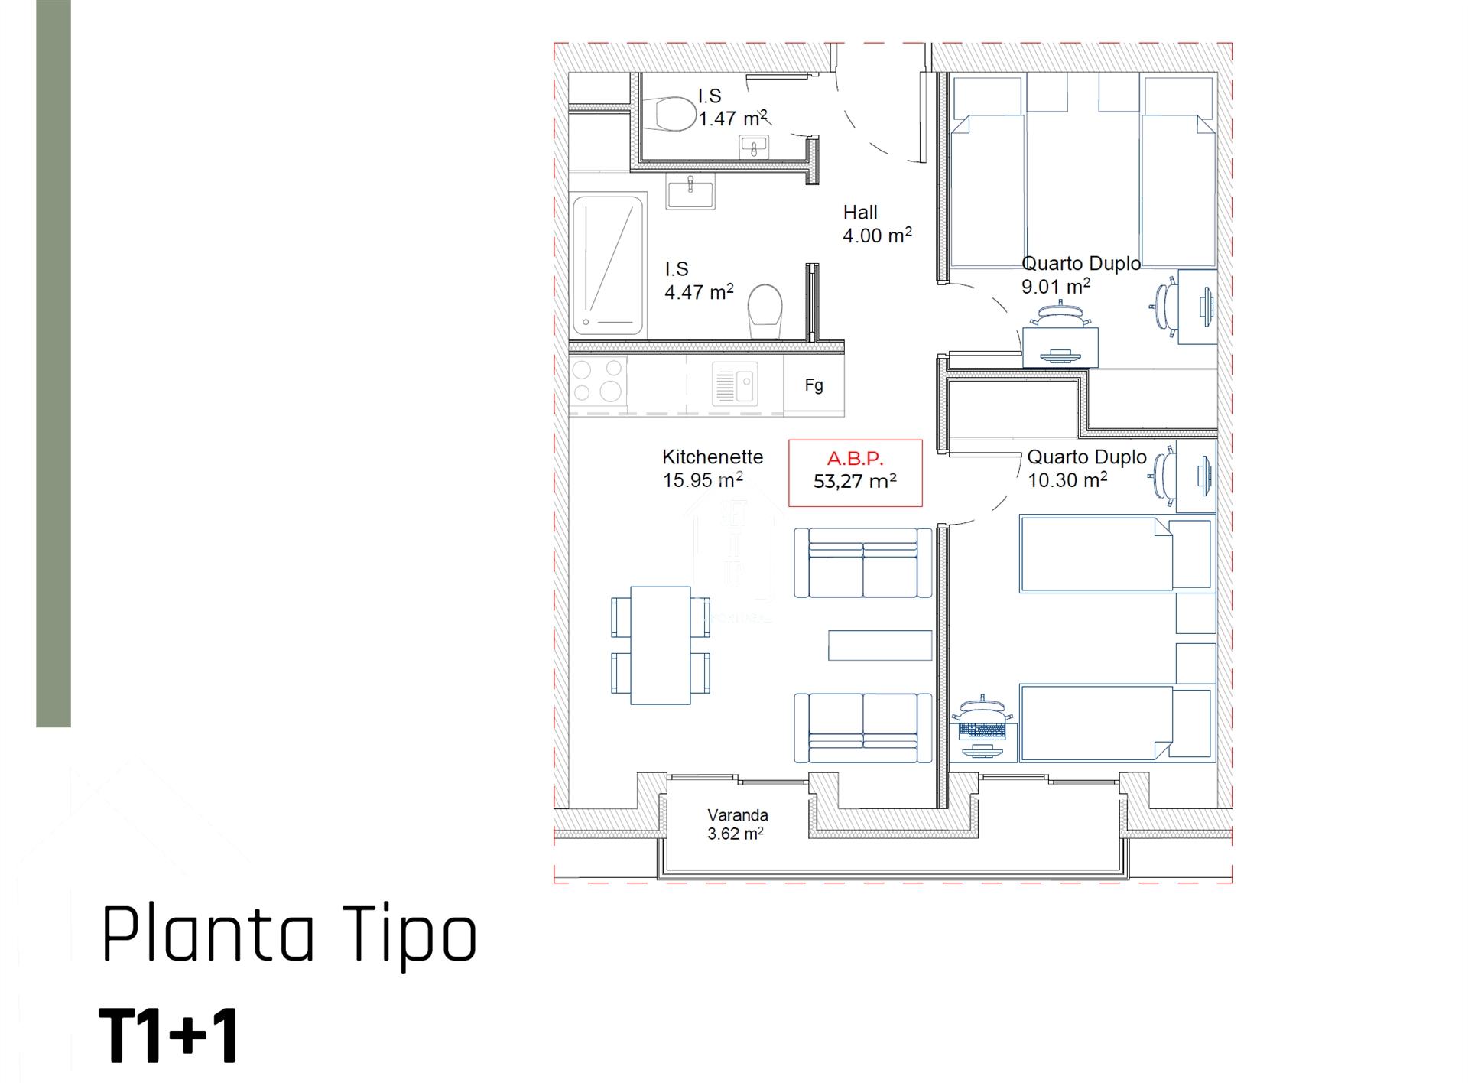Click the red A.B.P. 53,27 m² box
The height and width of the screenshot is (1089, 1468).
pos(855,473)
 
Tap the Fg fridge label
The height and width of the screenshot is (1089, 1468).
pos(814,385)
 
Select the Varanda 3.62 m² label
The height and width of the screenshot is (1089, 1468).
pos(736,824)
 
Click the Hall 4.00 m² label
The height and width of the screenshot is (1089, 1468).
pos(877,224)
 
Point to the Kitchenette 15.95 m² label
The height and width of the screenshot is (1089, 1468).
pos(713,468)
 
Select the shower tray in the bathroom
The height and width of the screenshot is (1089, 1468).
pos(608,265)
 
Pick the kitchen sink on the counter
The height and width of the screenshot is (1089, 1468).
pos(735,383)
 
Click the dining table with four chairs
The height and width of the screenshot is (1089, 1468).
pos(661,645)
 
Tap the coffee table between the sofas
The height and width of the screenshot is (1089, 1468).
pos(880,645)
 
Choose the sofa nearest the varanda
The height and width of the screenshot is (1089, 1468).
pos(863,727)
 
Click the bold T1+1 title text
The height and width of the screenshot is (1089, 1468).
pos(169,1036)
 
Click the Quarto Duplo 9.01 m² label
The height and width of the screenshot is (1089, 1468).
pos(1081,275)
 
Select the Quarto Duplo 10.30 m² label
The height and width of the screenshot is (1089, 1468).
pos(1086,468)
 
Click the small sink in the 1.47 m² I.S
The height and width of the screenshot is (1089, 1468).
pos(755,145)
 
